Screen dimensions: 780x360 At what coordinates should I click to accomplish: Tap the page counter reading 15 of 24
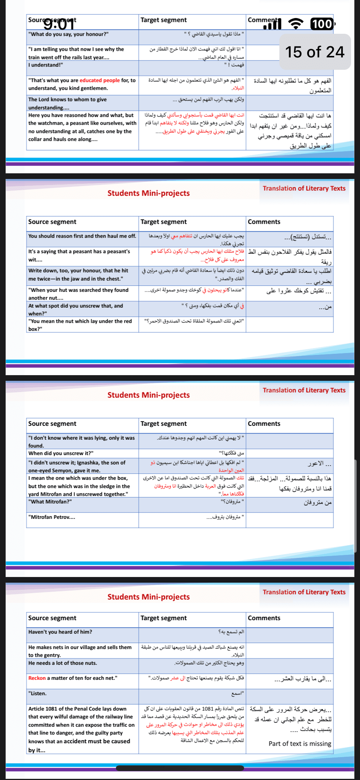coord(315,52)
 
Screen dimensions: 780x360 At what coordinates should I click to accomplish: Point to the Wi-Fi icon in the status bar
coord(296,24)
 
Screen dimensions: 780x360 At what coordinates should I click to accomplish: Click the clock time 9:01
coord(59,24)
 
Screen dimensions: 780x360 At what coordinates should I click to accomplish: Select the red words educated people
coord(99,80)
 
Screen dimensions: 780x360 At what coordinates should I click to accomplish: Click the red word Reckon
coord(37,678)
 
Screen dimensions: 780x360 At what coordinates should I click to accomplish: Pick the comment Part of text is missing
coord(300,744)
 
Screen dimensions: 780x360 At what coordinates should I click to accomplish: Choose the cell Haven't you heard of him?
coord(60,632)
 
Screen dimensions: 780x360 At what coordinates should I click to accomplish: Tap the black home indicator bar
coord(180,768)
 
